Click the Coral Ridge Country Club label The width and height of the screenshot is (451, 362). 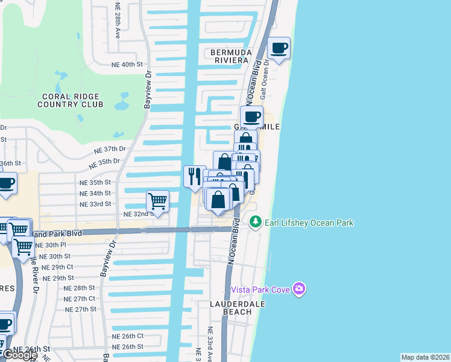point(71,100)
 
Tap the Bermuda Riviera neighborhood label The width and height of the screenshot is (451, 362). point(230,56)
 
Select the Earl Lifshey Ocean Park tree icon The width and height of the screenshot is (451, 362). point(256,223)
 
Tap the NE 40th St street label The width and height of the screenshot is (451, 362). point(127,64)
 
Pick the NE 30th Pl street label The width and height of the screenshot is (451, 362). point(51,245)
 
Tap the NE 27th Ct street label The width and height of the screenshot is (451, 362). point(80,299)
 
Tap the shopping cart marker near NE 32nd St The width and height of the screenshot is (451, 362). point(157,200)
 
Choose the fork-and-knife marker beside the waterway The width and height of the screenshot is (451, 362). point(194,176)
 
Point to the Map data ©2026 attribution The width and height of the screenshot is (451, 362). point(425,357)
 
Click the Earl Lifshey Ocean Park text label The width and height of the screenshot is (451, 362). point(309,223)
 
